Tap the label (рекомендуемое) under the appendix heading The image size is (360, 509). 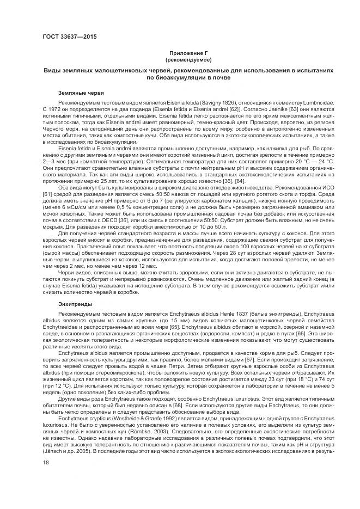188,58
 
